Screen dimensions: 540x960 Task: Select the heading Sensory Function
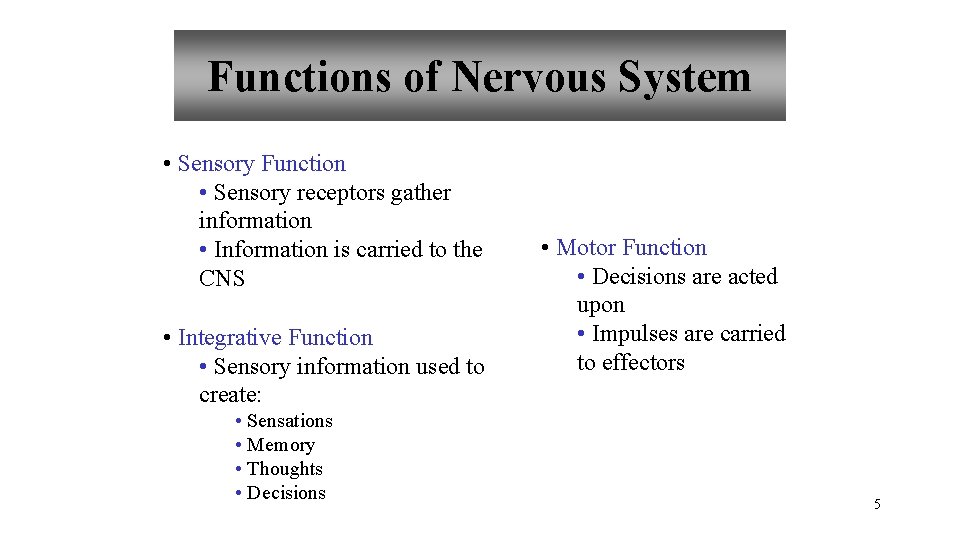tap(261, 164)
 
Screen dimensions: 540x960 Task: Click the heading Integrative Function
tap(275, 338)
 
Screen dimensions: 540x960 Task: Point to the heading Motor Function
tap(631, 248)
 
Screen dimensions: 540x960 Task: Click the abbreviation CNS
tap(221, 279)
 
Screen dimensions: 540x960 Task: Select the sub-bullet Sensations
tap(289, 421)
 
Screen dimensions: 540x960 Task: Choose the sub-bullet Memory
tap(280, 445)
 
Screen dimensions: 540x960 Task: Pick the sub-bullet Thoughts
tap(284, 469)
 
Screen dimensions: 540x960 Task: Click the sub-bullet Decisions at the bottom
tap(286, 493)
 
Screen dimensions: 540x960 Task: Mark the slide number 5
tap(877, 504)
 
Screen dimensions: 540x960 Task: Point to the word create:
tap(229, 396)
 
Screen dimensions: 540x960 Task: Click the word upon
tap(600, 305)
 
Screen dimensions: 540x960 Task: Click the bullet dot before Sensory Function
tap(166, 165)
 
